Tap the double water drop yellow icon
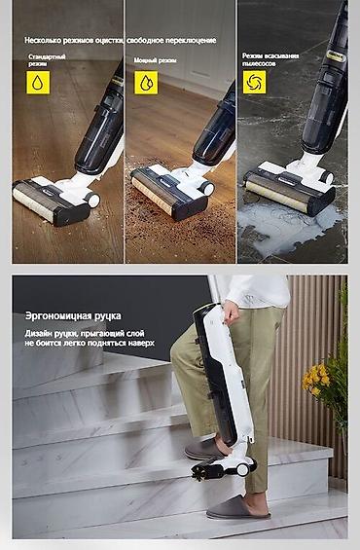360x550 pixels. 144,84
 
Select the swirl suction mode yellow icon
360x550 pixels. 254,80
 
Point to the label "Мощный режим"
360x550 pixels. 156,60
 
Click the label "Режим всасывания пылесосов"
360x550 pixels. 270,59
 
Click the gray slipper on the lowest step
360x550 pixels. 237,508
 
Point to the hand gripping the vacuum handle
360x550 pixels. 233,312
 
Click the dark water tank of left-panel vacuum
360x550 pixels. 100,136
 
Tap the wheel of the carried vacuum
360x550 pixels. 237,469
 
